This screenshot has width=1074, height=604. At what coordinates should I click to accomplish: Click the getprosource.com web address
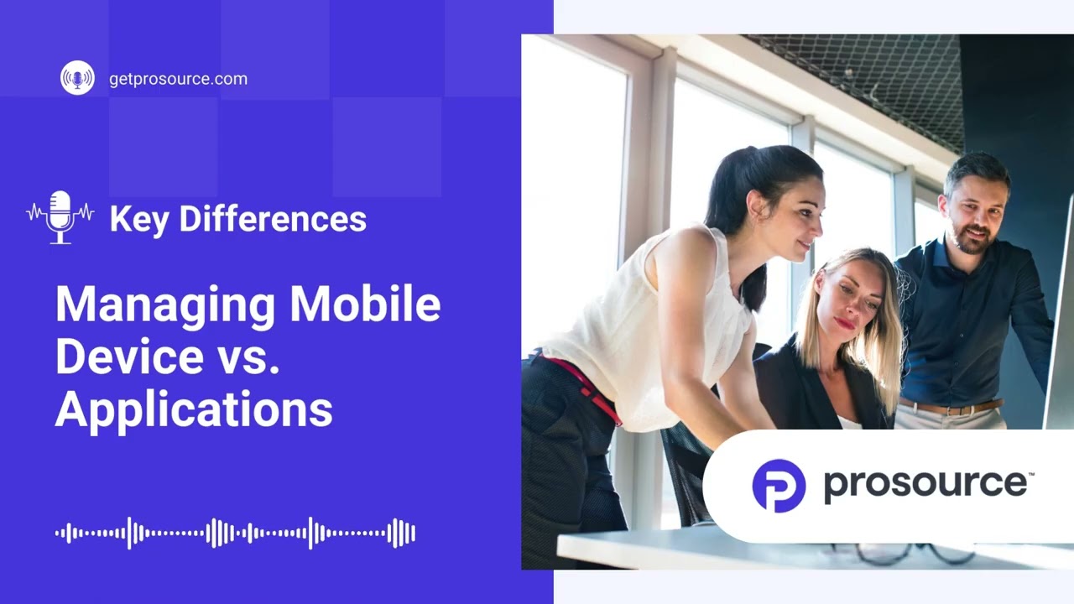pos(178,79)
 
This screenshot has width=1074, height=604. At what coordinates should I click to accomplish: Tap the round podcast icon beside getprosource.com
pos(77,78)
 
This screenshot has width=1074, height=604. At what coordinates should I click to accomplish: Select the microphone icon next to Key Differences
pos(60,217)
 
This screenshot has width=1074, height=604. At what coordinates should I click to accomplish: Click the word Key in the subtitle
pos(139,219)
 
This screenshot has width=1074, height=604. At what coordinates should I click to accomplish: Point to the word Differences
pos(272,219)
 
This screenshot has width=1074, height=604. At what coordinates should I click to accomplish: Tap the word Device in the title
pos(129,357)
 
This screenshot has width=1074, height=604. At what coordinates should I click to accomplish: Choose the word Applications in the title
pos(194,409)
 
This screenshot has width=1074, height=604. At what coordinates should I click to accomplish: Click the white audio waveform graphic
pos(235,533)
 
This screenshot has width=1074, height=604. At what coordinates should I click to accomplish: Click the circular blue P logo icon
pos(779,486)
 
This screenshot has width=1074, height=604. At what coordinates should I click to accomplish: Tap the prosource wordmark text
pos(927,484)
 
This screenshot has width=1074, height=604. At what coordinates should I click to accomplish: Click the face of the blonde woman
pos(847,299)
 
